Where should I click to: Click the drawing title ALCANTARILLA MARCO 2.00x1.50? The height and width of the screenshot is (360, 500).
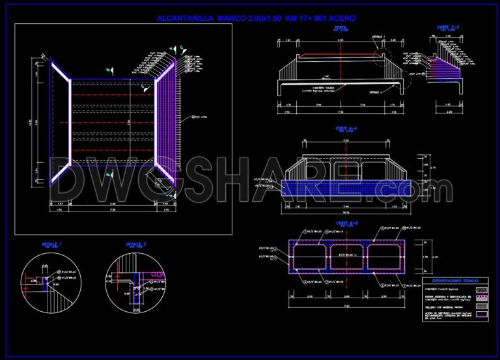point(257,19)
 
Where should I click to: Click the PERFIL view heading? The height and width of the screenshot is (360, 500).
point(340,29)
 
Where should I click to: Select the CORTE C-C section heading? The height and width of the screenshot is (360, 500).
point(448,27)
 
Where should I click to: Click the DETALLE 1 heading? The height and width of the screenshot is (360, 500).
point(52,245)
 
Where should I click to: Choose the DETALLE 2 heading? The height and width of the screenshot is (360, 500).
point(136,245)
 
